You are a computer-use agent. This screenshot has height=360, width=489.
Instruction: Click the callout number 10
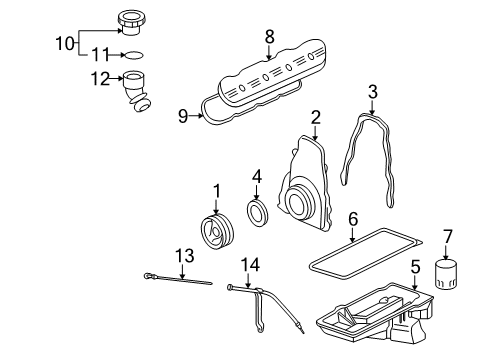click(64, 43)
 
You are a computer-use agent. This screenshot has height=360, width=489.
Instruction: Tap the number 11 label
click(100, 55)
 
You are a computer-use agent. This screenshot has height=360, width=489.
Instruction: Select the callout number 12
click(100, 79)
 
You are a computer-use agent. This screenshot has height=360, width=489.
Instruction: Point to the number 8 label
click(270, 36)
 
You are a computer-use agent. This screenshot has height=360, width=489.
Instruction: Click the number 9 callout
click(183, 116)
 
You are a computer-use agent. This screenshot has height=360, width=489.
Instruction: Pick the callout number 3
click(373, 92)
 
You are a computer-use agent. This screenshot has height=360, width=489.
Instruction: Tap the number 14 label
click(250, 265)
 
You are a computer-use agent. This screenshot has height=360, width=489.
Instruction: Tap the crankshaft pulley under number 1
click(218, 232)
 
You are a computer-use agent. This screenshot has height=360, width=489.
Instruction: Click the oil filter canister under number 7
click(446, 274)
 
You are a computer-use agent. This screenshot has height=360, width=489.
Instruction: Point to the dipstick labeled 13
click(178, 279)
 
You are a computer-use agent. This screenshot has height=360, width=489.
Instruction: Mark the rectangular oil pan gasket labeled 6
click(365, 254)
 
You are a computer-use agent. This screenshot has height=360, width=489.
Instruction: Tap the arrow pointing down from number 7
click(446, 252)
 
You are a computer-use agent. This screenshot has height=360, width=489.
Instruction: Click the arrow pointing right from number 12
click(116, 79)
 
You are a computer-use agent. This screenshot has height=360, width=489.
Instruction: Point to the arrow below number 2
click(315, 133)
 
